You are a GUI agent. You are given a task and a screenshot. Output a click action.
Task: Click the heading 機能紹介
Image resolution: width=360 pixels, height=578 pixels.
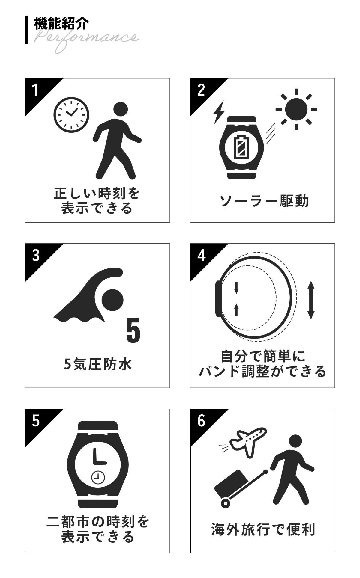pos(61,24)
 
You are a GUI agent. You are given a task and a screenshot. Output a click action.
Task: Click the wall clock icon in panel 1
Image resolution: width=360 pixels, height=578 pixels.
pos(71,115)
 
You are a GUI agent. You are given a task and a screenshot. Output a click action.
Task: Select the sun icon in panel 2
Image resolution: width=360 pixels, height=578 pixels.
pos(296,109)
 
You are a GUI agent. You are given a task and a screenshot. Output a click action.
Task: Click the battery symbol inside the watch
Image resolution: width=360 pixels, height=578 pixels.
pos(241,147)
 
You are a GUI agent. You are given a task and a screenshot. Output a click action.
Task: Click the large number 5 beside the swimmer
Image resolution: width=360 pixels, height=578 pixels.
pos(133,330)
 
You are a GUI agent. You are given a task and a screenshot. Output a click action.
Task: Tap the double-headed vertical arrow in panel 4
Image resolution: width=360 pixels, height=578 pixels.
pos(311,299)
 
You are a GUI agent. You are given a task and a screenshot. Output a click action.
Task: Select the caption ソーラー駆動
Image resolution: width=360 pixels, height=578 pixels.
pos(264,201)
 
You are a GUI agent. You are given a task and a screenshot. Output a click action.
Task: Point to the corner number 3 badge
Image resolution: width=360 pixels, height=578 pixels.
pos(36,255)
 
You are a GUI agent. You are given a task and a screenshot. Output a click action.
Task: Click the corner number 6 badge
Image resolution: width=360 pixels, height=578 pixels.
pos(201,421)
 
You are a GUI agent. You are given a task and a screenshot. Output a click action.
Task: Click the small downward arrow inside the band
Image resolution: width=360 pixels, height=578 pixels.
pos(236,287)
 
